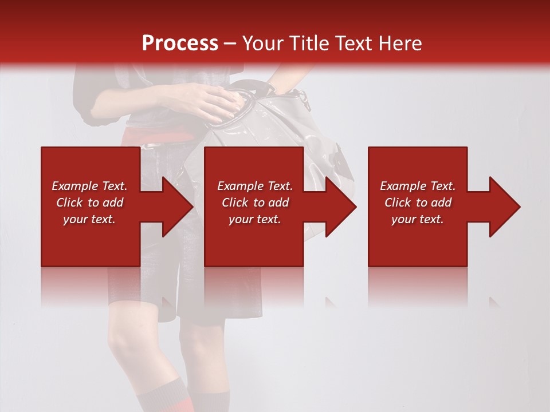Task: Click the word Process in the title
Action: [x=180, y=43]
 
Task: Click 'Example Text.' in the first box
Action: [x=89, y=186]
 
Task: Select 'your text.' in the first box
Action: [x=89, y=219]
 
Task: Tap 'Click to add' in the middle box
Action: [x=255, y=203]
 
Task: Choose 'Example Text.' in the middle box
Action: [x=255, y=186]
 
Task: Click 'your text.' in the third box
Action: [x=418, y=219]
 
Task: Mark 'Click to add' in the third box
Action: [x=418, y=203]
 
